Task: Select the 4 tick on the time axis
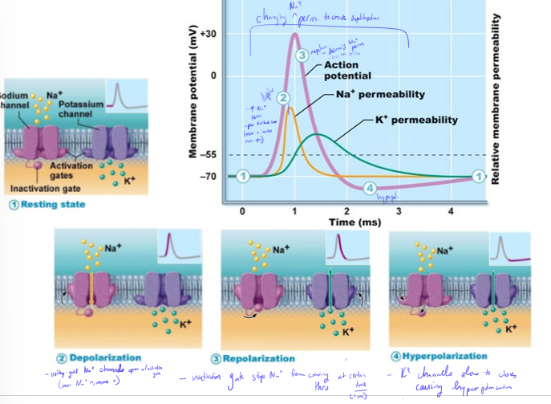click(x=452, y=212)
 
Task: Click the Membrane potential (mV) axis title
click(x=192, y=104)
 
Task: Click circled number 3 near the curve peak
click(x=302, y=55)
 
